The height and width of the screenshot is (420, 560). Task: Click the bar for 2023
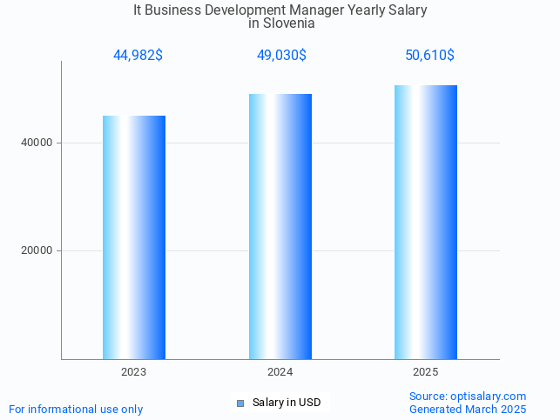(x=134, y=237)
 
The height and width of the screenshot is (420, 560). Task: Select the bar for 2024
(x=280, y=226)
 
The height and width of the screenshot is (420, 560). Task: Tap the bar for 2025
(x=426, y=222)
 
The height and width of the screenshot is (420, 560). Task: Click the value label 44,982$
(x=138, y=56)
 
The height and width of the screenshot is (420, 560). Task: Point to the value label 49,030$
(x=280, y=56)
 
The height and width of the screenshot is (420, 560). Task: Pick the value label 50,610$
(x=429, y=56)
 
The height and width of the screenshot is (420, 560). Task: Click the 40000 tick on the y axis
(x=37, y=143)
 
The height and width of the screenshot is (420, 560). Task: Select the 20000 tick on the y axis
(x=37, y=250)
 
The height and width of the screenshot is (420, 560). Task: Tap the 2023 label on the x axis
(x=134, y=372)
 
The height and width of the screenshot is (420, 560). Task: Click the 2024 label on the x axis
(x=280, y=372)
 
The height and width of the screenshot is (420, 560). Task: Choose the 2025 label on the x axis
(x=426, y=372)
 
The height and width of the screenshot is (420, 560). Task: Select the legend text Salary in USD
(x=287, y=403)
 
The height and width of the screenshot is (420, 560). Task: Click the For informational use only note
(x=76, y=409)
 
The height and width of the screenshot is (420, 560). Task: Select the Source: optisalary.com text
(x=468, y=396)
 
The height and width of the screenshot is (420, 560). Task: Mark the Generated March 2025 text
(x=468, y=409)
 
